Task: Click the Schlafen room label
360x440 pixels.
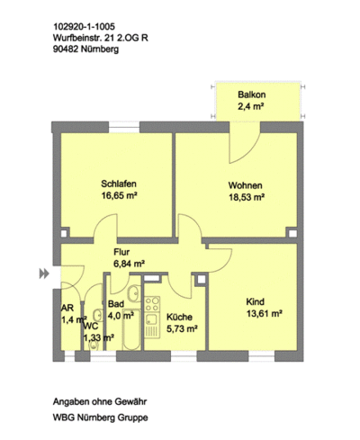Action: coord(119,184)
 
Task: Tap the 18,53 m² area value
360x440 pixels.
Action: coord(247,197)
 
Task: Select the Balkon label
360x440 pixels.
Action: coord(252,94)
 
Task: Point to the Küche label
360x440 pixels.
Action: coord(179,317)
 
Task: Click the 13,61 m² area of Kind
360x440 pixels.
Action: coord(265,314)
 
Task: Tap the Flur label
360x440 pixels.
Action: coord(121,252)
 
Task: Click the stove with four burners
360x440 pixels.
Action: coord(152,304)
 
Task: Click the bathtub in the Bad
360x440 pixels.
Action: coord(131,329)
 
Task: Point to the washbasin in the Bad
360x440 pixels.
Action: coord(134,293)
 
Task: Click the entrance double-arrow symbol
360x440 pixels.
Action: coord(44,274)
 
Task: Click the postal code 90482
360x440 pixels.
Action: coord(65,49)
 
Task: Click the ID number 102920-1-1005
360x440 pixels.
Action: coord(84,27)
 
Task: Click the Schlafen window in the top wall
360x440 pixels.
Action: coord(124,127)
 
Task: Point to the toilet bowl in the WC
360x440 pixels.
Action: coord(94,346)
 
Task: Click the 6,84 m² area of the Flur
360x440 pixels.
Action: coord(129,264)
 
